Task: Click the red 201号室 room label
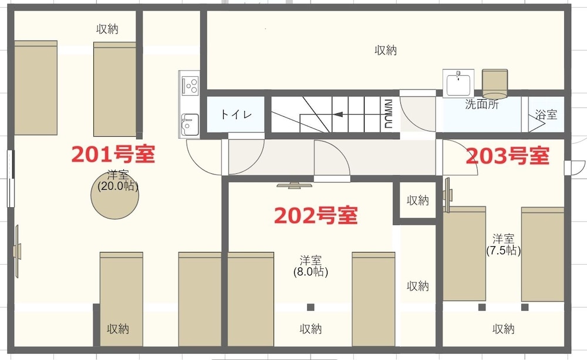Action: point(113,154)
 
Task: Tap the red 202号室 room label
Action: point(316,216)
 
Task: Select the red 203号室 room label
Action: point(508,156)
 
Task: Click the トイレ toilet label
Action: point(236,115)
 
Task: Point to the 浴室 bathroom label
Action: point(546,115)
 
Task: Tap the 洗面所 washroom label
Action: point(482,104)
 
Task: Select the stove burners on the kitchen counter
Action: point(190,85)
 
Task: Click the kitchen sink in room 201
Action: point(190,125)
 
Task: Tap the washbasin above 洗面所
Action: point(458,83)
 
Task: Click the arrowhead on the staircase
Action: point(338,115)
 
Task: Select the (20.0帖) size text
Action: point(118,186)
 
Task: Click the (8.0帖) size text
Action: point(311,271)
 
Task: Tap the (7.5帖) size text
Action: point(504,250)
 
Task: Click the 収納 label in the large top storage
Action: point(386,50)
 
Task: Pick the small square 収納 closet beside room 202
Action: point(418,200)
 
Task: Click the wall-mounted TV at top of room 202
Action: point(294,186)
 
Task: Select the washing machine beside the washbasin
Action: point(495,83)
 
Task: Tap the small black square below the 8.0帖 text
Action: point(311,307)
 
